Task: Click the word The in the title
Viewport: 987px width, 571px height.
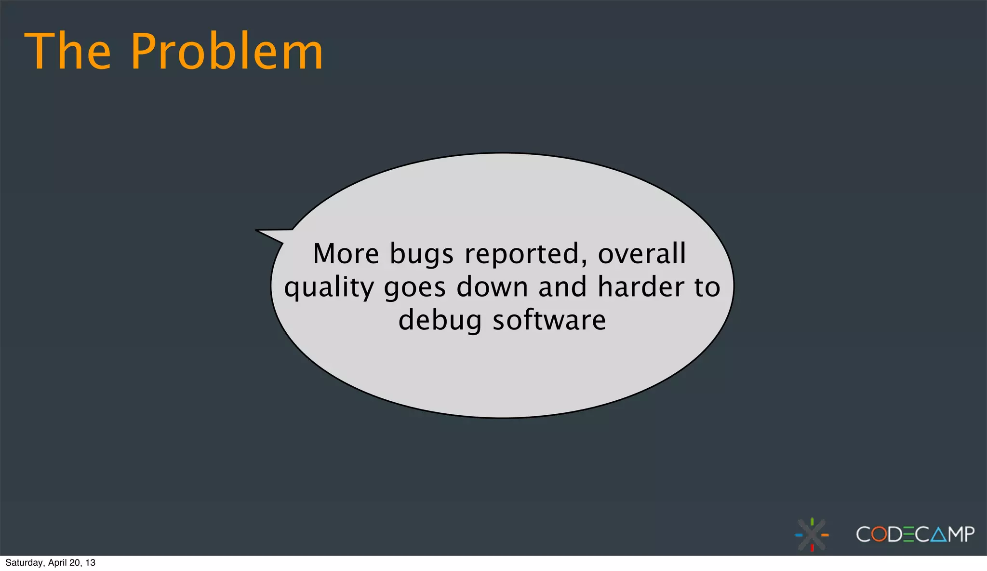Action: (67, 51)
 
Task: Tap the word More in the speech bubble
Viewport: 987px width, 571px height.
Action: (346, 254)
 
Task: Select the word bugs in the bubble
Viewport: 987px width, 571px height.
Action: (421, 255)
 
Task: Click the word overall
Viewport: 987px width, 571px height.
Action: (641, 254)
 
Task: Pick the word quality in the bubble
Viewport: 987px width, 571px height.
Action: (329, 288)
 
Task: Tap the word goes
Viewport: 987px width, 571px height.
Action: (415, 288)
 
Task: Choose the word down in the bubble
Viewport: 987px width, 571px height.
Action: (492, 287)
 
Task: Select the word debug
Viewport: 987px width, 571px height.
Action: (440, 321)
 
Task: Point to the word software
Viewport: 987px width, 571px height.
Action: (549, 320)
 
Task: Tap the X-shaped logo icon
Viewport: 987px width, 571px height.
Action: (812, 534)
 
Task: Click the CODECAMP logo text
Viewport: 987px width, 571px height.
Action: (915, 534)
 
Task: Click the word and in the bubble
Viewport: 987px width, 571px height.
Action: (562, 287)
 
